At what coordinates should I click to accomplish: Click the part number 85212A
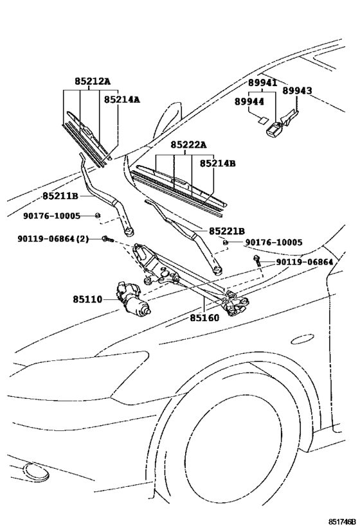92,82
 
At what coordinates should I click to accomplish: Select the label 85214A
122,100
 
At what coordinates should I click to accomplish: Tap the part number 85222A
188,145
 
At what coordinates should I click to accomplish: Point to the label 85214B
217,164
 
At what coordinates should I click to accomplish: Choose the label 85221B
226,231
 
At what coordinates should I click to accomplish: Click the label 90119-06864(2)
54,239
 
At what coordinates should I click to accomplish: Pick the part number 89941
262,83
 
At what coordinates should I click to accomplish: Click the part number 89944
248,101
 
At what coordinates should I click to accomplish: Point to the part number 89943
297,91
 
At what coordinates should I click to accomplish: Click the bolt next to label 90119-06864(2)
107,240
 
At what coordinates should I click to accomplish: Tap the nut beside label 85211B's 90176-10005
98,215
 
